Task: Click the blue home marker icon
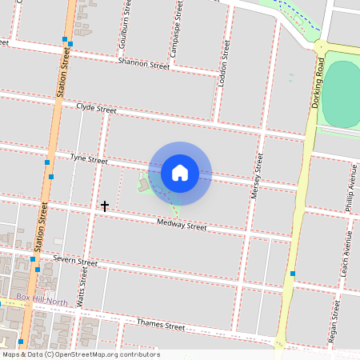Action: click(180, 172)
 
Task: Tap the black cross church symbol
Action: click(104, 206)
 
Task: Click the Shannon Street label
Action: click(143, 63)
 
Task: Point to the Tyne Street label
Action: click(88, 160)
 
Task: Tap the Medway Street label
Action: click(182, 225)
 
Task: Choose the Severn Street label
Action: click(75, 261)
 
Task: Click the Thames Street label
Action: click(161, 326)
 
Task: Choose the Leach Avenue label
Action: click(343, 252)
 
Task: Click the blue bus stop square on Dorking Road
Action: click(293, 274)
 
